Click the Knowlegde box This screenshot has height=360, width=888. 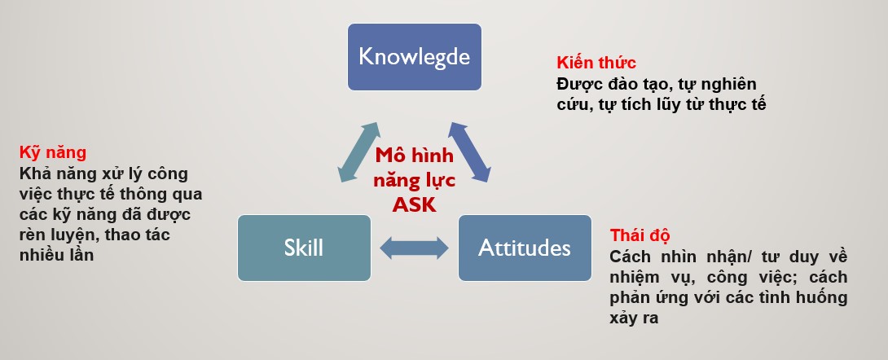click(415, 56)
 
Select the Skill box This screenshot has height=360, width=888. click(304, 248)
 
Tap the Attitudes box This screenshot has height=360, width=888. click(525, 248)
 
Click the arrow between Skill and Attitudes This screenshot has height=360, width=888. click(414, 248)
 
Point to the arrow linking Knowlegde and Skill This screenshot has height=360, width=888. click(358, 152)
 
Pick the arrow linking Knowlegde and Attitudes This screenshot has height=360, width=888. click(469, 152)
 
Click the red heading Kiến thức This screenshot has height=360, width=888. click(596, 63)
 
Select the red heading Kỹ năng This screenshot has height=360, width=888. click(53, 153)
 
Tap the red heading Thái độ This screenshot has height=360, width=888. click(640, 235)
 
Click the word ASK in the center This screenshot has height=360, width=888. click(415, 205)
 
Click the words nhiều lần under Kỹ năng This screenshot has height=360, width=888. click(57, 255)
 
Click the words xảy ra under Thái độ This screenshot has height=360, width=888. click(635, 318)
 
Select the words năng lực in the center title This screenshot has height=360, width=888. click(415, 181)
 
